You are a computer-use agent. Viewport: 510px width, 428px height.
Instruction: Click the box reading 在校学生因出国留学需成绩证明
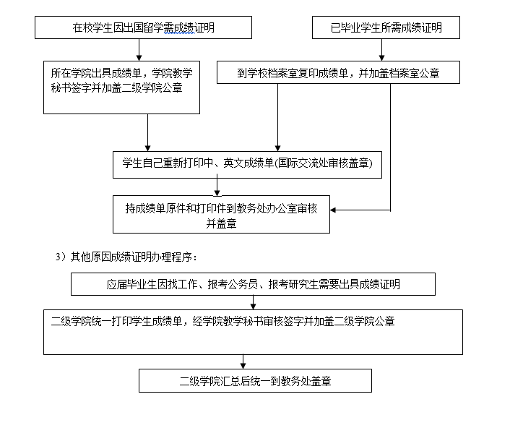point(143,27)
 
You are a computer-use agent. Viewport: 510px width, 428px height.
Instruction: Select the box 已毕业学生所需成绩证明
point(386,27)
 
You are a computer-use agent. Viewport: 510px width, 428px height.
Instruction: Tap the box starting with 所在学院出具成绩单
point(121,87)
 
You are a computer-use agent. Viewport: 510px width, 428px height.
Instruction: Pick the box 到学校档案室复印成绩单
point(338,72)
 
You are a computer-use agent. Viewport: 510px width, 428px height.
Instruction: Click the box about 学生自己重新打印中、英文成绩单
point(247,165)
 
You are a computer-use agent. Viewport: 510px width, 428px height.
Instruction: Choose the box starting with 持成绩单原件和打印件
point(221,214)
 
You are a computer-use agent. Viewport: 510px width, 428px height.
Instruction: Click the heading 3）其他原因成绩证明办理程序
point(126,257)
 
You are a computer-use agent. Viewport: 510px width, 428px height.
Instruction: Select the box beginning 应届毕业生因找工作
point(253,284)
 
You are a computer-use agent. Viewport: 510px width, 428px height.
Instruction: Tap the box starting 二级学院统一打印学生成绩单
point(253,333)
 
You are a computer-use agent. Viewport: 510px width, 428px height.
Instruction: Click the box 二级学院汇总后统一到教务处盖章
point(255,380)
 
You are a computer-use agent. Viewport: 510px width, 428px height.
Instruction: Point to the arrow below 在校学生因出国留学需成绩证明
point(139,50)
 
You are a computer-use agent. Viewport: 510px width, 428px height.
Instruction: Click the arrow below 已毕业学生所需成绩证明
point(382,50)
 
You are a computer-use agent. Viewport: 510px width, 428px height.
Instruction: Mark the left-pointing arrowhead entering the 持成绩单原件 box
point(333,210)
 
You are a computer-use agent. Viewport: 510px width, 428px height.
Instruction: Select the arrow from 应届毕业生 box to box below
point(253,302)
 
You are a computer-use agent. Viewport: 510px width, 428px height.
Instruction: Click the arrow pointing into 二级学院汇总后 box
point(243,361)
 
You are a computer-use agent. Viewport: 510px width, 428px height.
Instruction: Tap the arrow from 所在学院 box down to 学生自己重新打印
point(147,132)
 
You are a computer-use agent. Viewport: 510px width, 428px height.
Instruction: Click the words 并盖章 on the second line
point(221,223)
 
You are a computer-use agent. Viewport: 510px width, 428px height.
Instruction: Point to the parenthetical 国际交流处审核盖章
point(324,163)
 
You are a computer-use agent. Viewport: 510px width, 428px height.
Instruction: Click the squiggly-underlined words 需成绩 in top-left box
point(179,28)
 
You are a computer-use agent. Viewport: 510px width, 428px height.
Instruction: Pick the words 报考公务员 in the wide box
point(233,284)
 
